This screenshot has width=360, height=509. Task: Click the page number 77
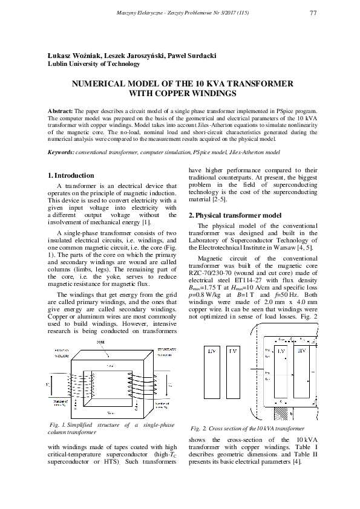[313, 13]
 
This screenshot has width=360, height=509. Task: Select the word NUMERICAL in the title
[101, 85]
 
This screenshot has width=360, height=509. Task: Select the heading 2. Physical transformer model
[235, 215]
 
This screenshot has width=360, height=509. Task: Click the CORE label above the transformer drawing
[101, 342]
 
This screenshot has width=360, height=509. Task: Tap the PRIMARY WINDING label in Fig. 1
[62, 352]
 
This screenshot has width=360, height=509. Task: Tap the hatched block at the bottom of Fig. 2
[282, 413]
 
